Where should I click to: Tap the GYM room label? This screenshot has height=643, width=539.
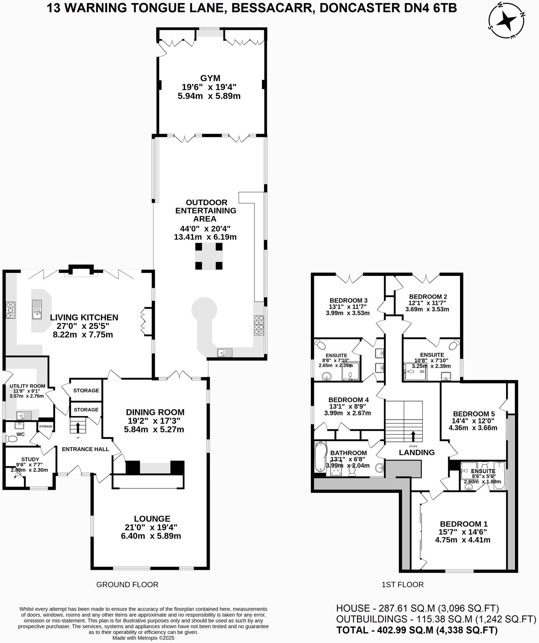coord(210,78)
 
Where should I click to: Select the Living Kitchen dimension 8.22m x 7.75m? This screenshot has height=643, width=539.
coord(83,334)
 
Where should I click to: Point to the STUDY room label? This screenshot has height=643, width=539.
coord(30,459)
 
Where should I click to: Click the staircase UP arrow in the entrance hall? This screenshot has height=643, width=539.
coord(77,428)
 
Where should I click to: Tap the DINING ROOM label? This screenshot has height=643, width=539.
coord(155,412)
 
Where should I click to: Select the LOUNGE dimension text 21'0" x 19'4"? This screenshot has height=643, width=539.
coord(151,527)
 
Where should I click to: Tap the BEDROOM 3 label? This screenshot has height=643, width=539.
coord(348,300)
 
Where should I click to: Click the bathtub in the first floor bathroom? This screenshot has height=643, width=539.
coord(320,457)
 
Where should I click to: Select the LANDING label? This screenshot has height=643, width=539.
coord(416,452)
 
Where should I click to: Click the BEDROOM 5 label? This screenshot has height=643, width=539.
coord(474,414)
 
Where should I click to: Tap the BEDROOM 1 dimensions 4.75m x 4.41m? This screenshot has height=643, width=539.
coord(462,540)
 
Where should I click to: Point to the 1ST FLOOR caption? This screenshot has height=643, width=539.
coord(402,585)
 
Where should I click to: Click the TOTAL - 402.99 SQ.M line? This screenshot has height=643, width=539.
coord(417,630)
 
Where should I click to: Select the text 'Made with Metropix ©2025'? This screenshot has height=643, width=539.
coord(143,638)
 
